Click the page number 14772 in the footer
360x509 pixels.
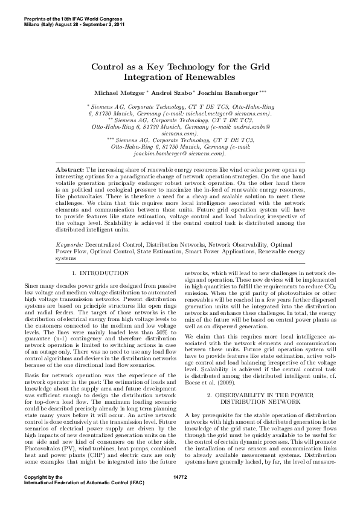tap(180, 494)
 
